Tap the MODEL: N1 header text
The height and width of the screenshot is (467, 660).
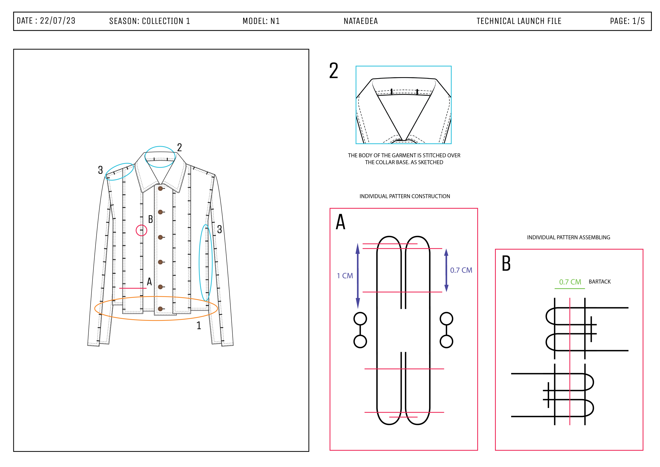[261, 21]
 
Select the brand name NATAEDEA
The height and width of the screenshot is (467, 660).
[361, 21]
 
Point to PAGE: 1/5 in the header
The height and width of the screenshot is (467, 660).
[627, 21]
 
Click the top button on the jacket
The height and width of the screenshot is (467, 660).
[160, 188]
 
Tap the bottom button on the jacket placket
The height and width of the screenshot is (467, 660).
[160, 309]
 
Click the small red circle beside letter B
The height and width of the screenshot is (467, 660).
[141, 230]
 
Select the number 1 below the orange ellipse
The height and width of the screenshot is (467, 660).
[199, 325]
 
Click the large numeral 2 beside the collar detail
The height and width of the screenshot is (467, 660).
[334, 71]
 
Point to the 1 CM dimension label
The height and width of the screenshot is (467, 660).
[345, 276]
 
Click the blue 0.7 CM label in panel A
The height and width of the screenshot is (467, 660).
[461, 270]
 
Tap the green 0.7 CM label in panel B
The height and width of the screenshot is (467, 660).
[570, 282]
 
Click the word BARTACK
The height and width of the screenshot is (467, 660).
[600, 282]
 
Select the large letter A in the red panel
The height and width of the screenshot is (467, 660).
[341, 222]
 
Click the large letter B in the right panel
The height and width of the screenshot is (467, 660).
[506, 263]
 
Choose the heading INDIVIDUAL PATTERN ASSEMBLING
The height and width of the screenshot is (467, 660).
[568, 237]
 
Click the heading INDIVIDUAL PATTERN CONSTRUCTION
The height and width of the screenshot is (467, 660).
[405, 196]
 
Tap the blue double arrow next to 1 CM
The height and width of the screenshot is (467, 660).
[358, 276]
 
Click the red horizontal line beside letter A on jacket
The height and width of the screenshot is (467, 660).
[133, 288]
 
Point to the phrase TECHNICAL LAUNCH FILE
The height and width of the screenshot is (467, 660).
[519, 21]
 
